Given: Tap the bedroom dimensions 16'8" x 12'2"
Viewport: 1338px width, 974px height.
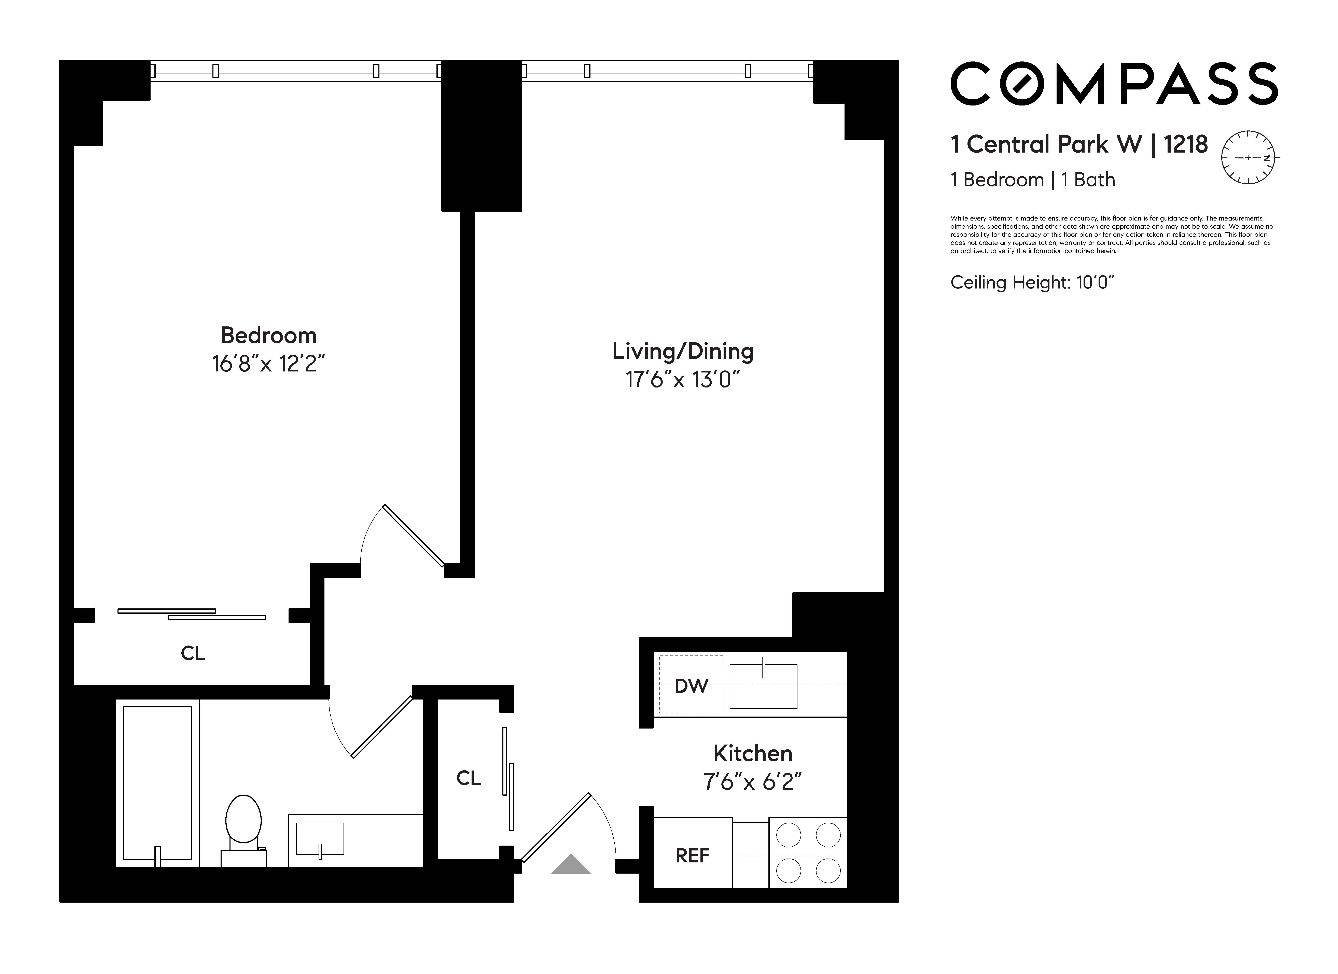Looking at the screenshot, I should click(268, 364).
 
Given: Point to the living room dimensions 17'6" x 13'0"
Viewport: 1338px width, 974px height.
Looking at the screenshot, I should click(683, 379).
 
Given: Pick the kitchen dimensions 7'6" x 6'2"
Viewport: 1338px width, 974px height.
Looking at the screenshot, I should click(752, 782).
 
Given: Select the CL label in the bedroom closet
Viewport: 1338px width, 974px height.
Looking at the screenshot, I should click(193, 653).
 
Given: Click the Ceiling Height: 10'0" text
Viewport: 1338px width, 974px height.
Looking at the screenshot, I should click(1032, 283).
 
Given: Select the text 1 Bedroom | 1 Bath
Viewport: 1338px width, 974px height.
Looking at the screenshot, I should click(1032, 180).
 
